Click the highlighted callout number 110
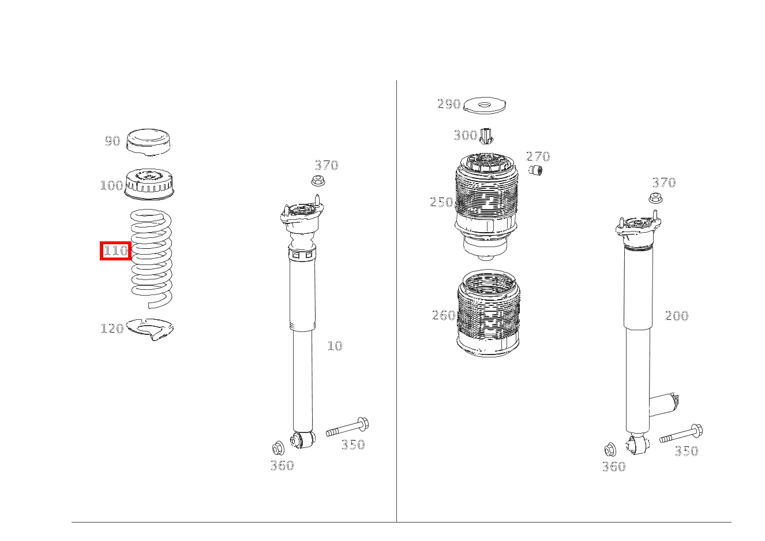click(x=116, y=251)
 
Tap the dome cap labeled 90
click(x=149, y=143)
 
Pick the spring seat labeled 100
click(x=149, y=184)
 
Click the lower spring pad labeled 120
click(x=150, y=329)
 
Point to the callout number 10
click(x=335, y=346)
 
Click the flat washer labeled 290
click(x=485, y=105)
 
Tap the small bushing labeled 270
click(x=535, y=170)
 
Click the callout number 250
click(x=441, y=202)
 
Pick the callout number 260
click(x=444, y=315)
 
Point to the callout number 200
click(x=677, y=316)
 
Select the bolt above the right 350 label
click(x=681, y=434)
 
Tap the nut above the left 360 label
click(x=278, y=448)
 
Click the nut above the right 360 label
click(x=610, y=450)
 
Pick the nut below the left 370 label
click(x=318, y=181)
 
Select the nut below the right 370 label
click(x=655, y=198)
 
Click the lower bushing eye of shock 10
click(x=302, y=440)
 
